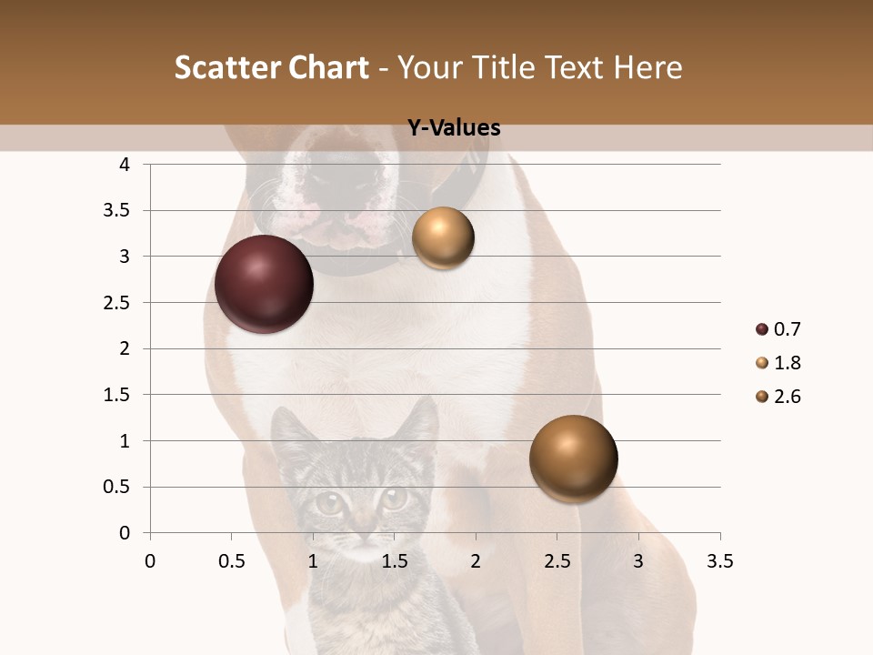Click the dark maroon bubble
(264, 284)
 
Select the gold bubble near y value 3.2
(443, 238)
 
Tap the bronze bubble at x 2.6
(573, 458)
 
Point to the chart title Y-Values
(453, 128)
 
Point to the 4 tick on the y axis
(125, 165)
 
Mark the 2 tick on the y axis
(125, 348)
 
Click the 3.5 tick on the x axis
(720, 561)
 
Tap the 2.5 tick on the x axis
(557, 561)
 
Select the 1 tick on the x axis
(313, 561)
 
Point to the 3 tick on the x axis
(638, 561)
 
